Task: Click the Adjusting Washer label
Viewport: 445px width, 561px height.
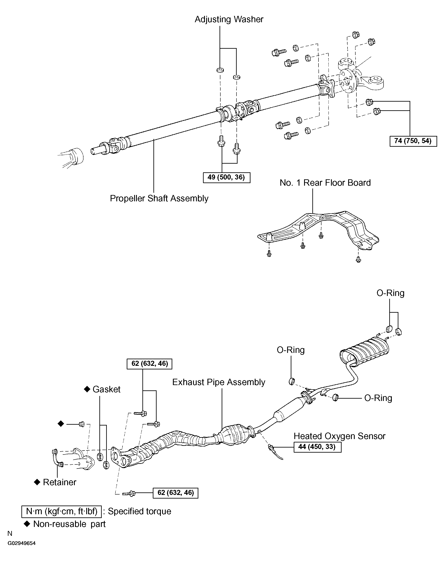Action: coord(229,19)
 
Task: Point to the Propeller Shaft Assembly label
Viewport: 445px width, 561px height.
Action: coord(159,199)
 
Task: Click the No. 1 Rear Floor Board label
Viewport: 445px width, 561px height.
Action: coord(325,183)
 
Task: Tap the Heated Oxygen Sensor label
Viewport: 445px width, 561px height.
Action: coord(339,436)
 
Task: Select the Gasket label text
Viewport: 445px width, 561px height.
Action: coord(107,389)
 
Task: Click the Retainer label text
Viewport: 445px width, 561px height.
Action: coord(60,482)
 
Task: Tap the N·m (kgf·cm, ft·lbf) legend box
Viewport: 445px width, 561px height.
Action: coord(61,511)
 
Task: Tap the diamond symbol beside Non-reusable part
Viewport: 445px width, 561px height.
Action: coord(27,524)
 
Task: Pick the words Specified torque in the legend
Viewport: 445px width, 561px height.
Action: coord(140,511)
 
